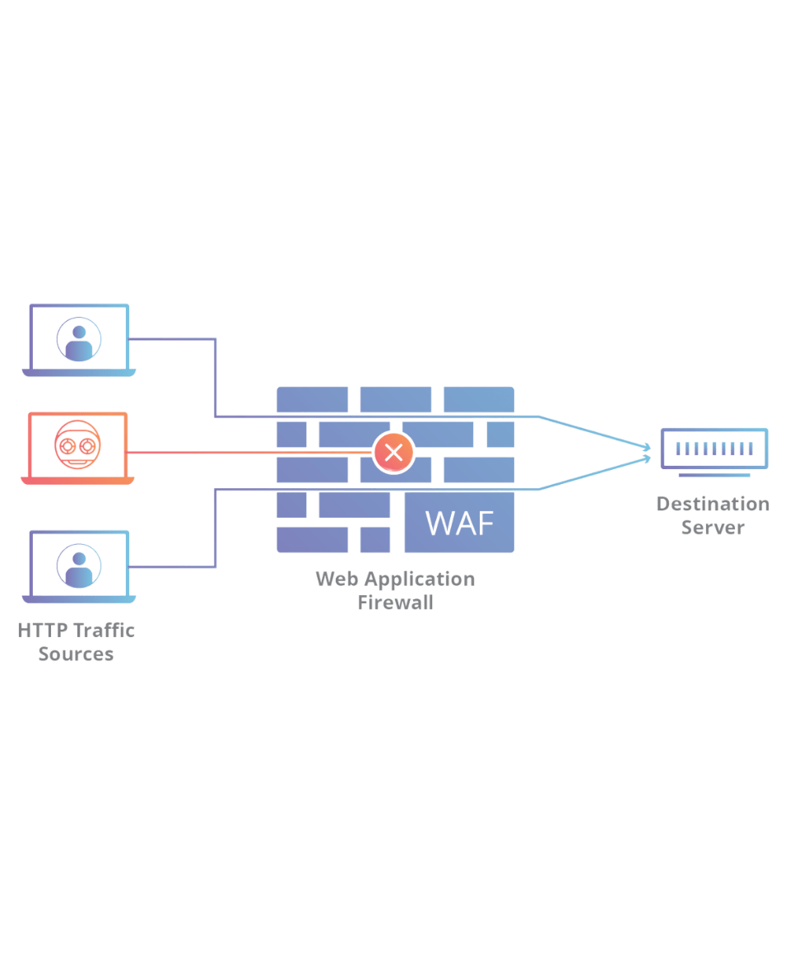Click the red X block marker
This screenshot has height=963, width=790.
pos(394,453)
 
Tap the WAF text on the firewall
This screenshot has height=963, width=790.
pos(460,523)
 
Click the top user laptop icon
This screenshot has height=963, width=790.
pos(78,340)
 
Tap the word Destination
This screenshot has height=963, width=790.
pos(713,504)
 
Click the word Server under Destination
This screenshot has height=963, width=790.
pos(713,528)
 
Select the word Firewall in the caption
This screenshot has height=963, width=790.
pos(396,602)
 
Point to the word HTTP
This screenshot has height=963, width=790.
pos(43,631)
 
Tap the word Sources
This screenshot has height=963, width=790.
pos(76,655)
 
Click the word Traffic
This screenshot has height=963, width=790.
pos(104,631)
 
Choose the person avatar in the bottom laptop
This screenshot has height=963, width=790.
pos(78,566)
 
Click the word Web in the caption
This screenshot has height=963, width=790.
pos(334,579)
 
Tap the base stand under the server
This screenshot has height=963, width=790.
pos(713,475)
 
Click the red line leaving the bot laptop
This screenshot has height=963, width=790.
pos(247,453)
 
